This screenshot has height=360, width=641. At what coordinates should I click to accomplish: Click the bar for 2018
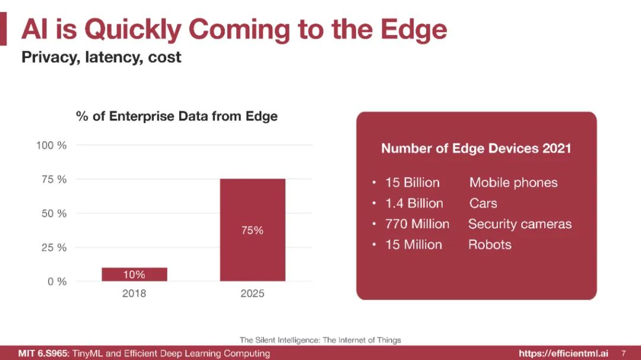[134, 274]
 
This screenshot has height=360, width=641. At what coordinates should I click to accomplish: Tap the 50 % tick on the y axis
[53, 214]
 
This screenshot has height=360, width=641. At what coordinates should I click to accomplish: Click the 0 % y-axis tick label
[57, 282]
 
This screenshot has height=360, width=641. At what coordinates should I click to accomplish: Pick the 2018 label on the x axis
[134, 294]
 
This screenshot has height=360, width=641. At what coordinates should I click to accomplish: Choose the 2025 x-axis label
[252, 294]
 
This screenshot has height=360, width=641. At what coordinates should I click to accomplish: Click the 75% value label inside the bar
[252, 230]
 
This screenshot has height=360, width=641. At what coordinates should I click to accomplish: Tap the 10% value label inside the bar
[134, 275]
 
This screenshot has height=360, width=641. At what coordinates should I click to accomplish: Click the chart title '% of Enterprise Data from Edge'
[177, 116]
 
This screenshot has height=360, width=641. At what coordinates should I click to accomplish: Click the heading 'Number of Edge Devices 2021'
[475, 148]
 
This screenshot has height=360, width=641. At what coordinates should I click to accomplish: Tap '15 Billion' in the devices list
[412, 183]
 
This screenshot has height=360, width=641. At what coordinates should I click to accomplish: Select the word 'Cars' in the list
[483, 203]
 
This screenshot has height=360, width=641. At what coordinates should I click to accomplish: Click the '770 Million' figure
[417, 224]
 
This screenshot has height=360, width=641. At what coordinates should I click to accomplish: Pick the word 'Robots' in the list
[489, 245]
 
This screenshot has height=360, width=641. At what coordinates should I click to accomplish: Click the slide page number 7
[623, 353]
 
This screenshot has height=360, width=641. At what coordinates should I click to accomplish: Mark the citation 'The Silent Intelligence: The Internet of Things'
[320, 340]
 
